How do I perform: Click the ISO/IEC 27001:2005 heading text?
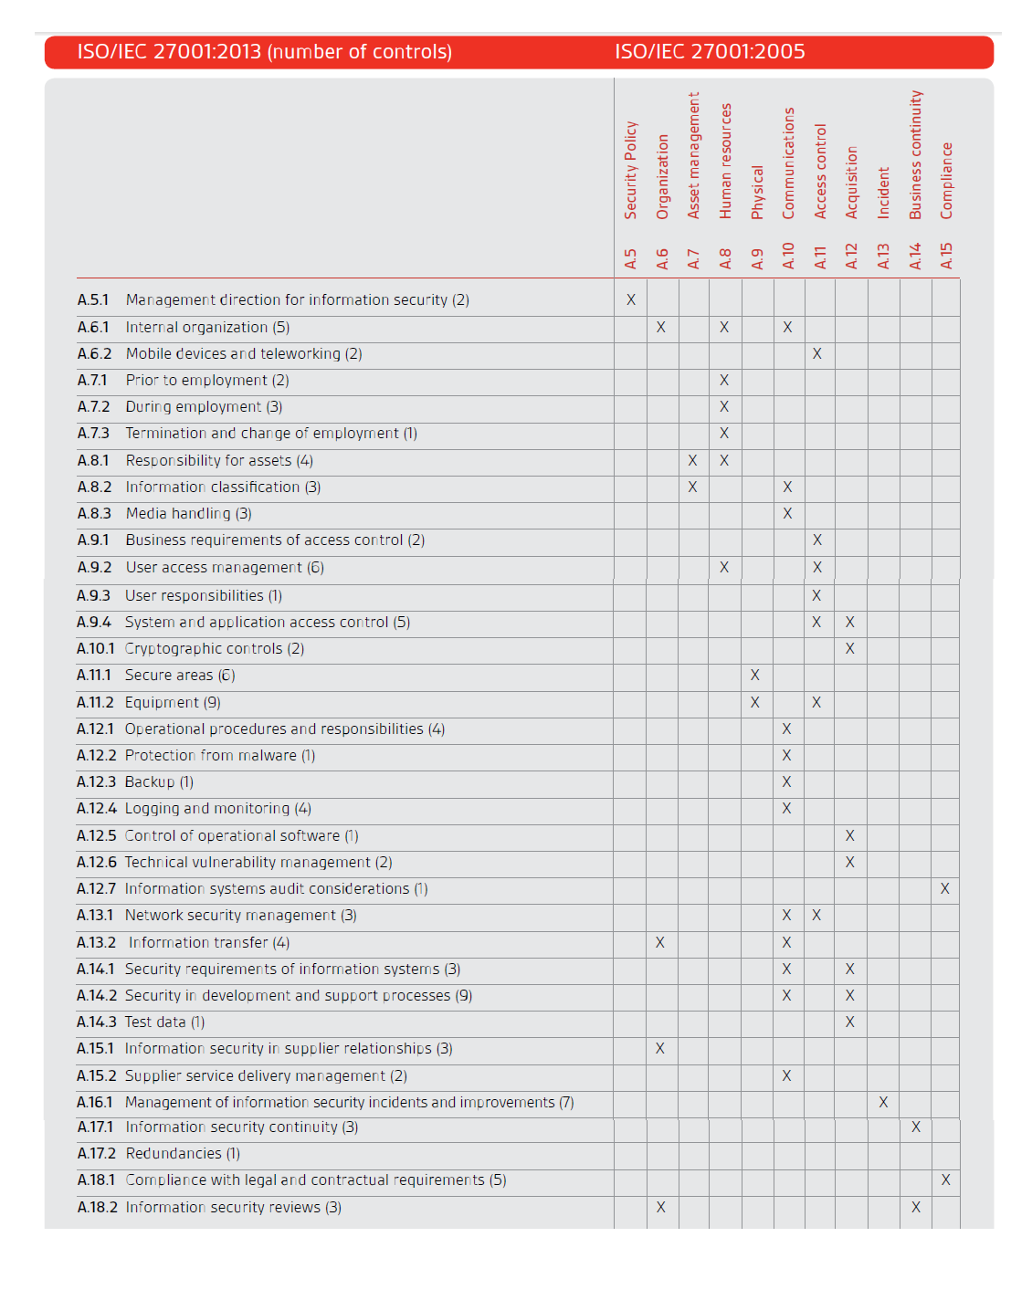[x=710, y=52]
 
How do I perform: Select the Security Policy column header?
[x=630, y=170]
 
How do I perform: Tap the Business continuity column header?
[x=915, y=154]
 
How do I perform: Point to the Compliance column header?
[x=947, y=181]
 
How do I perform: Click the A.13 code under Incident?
[x=883, y=257]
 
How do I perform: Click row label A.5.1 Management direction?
[x=273, y=299]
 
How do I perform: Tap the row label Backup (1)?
[x=159, y=781]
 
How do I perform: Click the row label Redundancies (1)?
[x=183, y=1153]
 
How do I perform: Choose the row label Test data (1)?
[x=164, y=1022]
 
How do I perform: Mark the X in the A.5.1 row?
[x=630, y=299]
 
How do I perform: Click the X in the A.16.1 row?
[x=883, y=1102]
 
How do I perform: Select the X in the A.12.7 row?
[x=945, y=888]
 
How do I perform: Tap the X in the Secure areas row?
[x=754, y=675]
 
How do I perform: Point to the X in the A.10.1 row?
[x=850, y=648]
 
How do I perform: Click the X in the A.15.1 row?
[x=660, y=1048]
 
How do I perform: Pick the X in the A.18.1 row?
[x=945, y=1179]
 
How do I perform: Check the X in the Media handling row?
[x=787, y=513]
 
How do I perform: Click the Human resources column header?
[x=726, y=161]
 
